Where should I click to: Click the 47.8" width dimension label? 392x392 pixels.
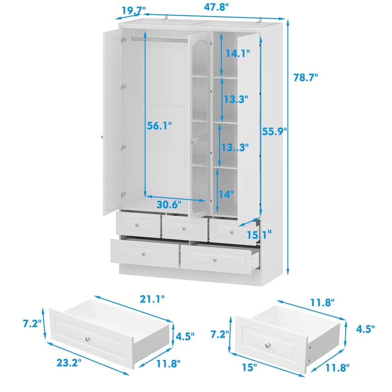coord(217,7)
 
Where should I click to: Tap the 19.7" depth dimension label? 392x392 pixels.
coord(134,10)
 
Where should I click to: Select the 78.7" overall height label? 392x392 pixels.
coord(305,77)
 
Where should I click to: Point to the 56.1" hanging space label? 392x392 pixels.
coord(159,126)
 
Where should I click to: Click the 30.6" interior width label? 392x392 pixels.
coord(169,205)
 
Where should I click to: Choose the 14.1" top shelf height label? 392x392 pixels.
coord(238,53)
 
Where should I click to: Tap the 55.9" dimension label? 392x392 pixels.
coord(274,131)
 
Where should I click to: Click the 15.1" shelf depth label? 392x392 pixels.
coord(259,235)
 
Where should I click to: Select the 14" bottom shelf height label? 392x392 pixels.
coord(226,194)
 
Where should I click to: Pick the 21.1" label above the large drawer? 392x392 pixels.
coord(152,299)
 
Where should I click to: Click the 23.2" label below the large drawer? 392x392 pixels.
coord(69,363)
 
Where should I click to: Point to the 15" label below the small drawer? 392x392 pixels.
coord(249,367)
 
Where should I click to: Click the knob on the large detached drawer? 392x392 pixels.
coord(88,339)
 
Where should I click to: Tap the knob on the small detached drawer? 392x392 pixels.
coord(268,345)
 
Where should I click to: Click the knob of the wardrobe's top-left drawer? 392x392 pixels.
coord(137,225)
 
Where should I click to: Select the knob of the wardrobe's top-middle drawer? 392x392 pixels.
coord(184,228)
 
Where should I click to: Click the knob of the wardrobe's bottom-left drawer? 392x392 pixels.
coord(144,254)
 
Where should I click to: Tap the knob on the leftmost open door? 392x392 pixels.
coord(102,137)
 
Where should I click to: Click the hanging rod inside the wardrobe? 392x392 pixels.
coord(160,39)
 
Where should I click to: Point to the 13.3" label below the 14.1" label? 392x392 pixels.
coord(236,99)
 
